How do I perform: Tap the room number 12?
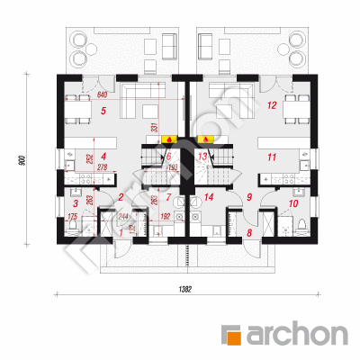click(x=271, y=106)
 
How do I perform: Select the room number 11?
click(x=270, y=157)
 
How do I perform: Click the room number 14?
click(x=208, y=196)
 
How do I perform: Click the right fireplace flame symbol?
click(x=204, y=140)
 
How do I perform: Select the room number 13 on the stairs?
click(x=203, y=157)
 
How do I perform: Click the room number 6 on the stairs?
click(x=168, y=157)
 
